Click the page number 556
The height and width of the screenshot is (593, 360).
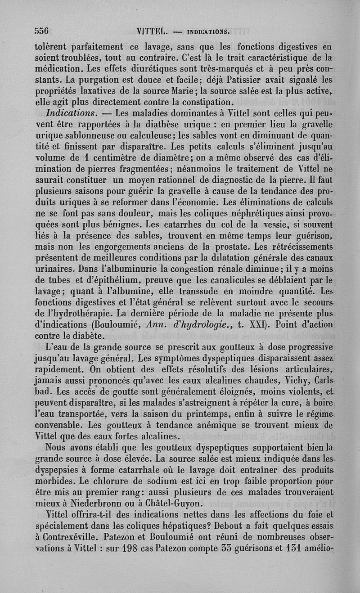[x=42, y=31]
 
